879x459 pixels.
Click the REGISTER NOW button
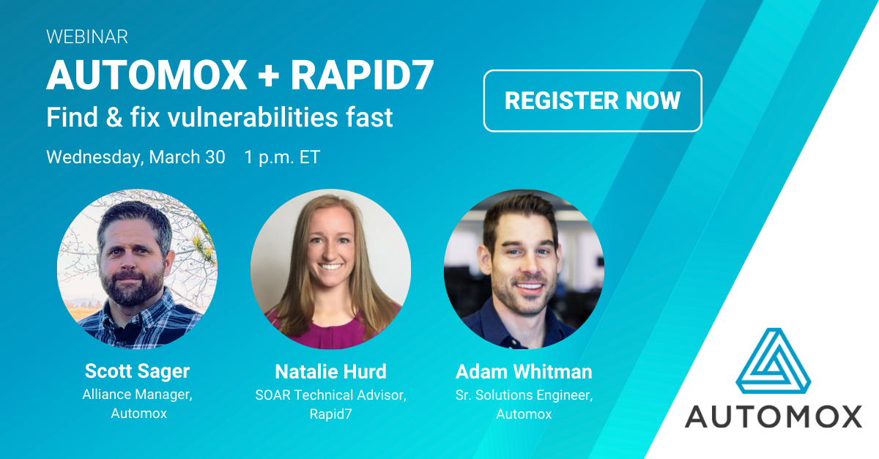(x=593, y=101)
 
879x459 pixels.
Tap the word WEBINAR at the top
(x=87, y=37)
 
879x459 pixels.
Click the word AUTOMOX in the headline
(x=146, y=75)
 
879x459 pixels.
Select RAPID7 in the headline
(x=362, y=75)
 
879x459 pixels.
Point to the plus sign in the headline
(x=269, y=75)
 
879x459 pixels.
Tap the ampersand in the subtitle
(x=114, y=117)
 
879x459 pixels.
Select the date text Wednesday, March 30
(x=136, y=157)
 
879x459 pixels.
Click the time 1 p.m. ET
(x=282, y=157)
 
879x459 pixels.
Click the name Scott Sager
(x=138, y=371)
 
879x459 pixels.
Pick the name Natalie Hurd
(x=331, y=371)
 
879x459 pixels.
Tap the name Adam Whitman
(x=524, y=371)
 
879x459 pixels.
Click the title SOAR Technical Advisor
(x=331, y=395)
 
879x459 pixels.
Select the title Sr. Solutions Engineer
(x=524, y=395)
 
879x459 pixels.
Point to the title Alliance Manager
(x=138, y=395)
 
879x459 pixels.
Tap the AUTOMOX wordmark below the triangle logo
(x=774, y=417)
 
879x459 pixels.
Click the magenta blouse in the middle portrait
(x=330, y=334)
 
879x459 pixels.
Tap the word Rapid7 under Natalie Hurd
(x=331, y=414)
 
